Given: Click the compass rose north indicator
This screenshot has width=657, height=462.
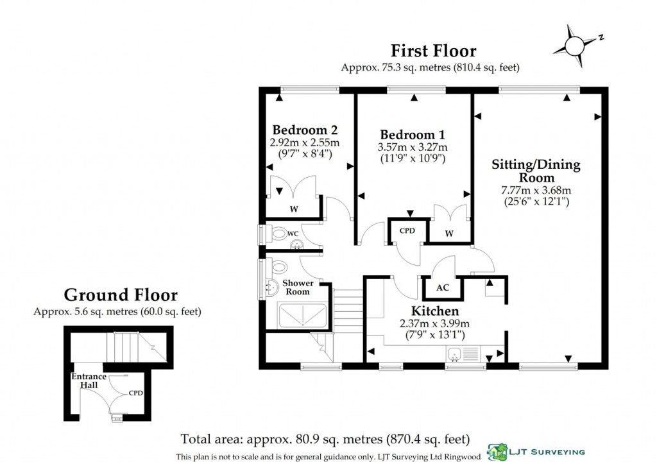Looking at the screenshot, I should point(579,46).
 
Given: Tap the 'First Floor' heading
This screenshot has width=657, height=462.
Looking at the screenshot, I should point(434,50).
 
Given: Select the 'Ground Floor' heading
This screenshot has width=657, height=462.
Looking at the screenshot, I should point(121,295).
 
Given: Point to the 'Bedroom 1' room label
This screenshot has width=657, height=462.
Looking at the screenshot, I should point(412,135).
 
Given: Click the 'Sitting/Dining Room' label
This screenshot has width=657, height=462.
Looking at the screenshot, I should point(535,171).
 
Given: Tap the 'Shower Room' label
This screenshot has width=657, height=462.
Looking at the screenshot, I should point(298,287).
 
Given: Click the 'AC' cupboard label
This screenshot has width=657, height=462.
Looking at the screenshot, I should point(443,287).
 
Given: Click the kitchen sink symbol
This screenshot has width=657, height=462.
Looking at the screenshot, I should point(457,352).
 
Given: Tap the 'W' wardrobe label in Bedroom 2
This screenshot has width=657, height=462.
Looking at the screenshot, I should point(293,208).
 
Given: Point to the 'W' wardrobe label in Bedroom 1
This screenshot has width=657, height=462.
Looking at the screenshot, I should point(449,234).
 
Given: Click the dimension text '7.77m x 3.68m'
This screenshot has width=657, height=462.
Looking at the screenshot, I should point(536,191).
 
